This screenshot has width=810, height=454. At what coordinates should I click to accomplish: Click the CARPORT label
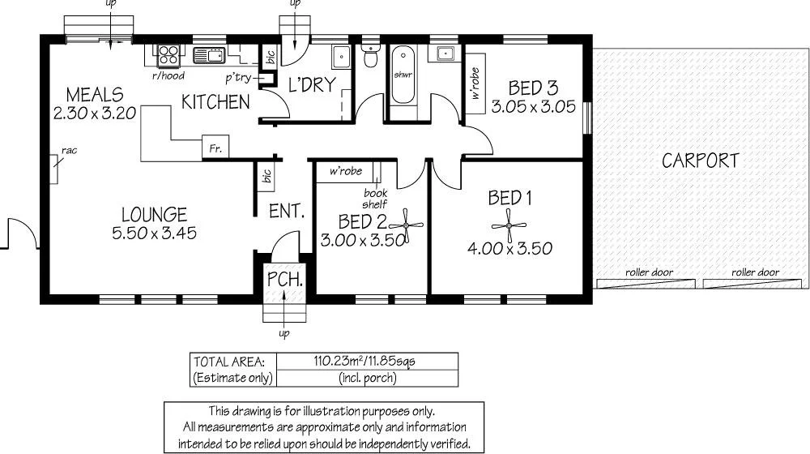coord(701,161)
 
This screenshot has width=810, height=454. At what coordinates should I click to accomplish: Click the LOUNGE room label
coord(154,215)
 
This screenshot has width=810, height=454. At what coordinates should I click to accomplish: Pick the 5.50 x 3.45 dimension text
coord(154,233)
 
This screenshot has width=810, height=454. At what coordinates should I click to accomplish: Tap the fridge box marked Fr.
coord(215,148)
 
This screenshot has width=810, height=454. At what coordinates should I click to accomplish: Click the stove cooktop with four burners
coord(168,54)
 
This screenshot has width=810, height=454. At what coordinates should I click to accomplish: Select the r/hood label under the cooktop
coord(168,76)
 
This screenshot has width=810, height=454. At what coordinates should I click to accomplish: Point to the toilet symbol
coord(370,57)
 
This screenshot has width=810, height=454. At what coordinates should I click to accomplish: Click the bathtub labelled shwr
coord(403,75)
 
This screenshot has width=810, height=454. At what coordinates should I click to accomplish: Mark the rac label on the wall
coord(68,151)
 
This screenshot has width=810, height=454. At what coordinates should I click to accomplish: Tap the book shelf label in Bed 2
coord(375,199)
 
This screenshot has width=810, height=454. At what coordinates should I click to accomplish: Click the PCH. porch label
coord(285,281)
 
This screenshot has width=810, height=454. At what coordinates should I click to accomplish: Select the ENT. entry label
coord(286,212)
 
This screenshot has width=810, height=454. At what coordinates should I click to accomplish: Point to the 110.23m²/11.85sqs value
coord(367,362)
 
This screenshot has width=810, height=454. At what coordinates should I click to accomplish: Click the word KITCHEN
coord(215,102)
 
